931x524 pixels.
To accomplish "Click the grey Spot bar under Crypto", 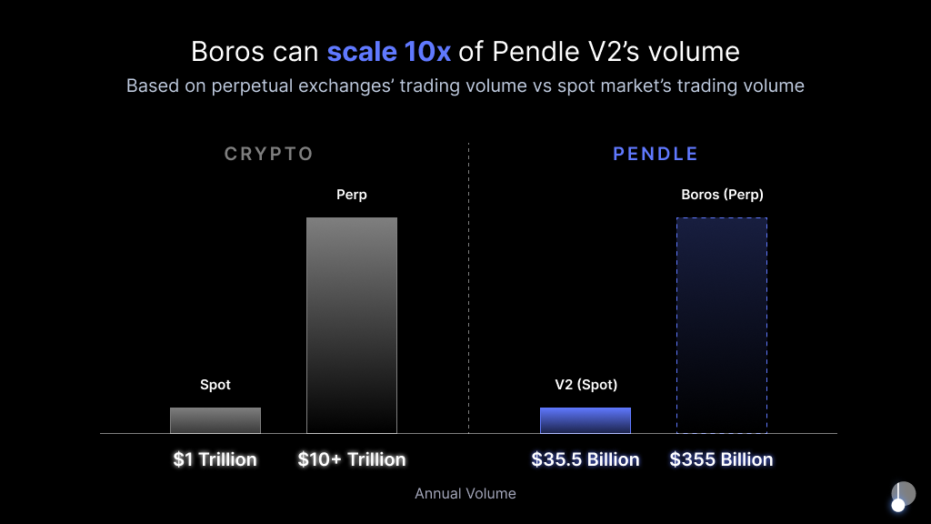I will pos(215,420).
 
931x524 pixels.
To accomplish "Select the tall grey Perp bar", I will pos(352,325).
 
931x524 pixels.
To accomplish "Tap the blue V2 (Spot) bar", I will pos(586,420).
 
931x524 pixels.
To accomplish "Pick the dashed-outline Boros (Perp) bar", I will pos(722,325).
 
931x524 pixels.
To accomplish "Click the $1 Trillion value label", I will pos(215,459).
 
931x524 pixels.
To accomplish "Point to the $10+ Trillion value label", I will pos(352,459).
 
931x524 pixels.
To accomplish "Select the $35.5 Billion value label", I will pos(586,459).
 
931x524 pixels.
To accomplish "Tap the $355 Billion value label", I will pos(722,459).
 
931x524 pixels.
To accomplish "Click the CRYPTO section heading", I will pos(269,154).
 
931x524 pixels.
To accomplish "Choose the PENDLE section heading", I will pos(656,154).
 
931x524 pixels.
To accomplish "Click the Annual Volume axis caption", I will pos(465,493).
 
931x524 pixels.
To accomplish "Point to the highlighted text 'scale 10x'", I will pos(389,51).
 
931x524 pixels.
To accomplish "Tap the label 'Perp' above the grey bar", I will pos(352,195).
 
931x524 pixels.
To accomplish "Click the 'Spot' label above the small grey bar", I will pos(215,385).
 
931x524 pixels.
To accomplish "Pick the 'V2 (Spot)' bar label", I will pos(586,385).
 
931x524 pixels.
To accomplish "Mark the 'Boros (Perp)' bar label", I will pos(722,195).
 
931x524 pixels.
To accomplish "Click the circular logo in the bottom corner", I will pos(901,496).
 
